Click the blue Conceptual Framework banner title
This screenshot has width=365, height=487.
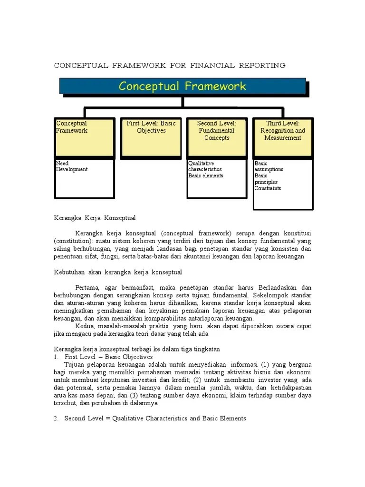[182, 86]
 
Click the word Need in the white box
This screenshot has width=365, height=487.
[62, 163]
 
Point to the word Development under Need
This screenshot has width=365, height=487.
[72, 169]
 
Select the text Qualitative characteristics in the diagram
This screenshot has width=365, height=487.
[205, 166]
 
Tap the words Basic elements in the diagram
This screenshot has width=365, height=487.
[205, 175]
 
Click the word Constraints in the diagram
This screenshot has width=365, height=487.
[268, 188]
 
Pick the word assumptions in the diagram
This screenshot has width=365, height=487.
[269, 169]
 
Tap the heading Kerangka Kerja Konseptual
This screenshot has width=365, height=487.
[95, 218]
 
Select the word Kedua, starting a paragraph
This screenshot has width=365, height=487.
[86, 326]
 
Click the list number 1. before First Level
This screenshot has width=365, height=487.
[56, 357]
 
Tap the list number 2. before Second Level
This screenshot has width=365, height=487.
[56, 419]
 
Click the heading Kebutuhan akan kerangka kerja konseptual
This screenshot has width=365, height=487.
[117, 272]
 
